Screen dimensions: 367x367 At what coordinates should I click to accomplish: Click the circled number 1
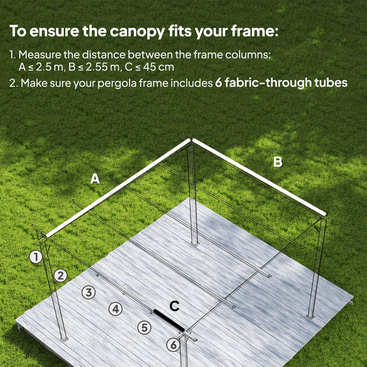coord(36,257)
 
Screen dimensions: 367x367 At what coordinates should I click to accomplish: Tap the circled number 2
coord(61,276)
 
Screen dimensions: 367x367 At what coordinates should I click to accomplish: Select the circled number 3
coord(89,293)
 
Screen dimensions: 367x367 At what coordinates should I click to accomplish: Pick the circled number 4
coord(116,308)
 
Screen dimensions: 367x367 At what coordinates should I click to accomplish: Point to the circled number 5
coord(145,328)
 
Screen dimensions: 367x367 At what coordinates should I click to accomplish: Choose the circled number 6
coord(173,345)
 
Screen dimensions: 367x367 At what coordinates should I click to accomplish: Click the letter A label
coord(95,179)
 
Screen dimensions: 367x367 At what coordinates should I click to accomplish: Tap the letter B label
coord(277,162)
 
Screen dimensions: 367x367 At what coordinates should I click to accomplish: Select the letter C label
coord(174,306)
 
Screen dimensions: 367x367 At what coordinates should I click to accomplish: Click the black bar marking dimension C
coord(170,320)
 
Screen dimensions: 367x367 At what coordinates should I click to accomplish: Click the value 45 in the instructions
coord(153,67)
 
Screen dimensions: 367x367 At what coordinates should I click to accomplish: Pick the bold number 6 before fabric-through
coord(219,83)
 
